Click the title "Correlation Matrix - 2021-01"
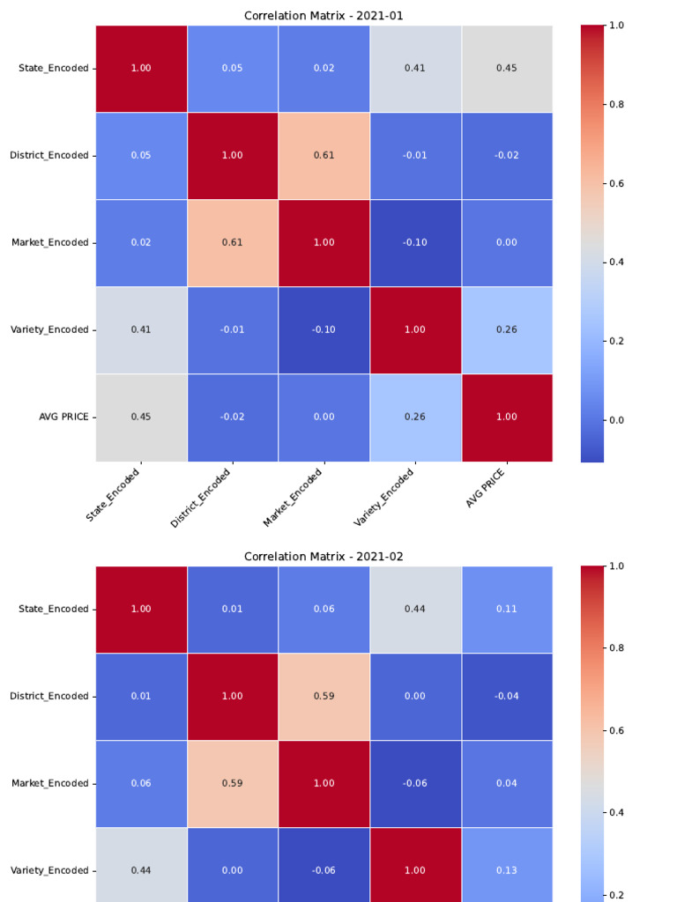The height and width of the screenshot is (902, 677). tap(324, 15)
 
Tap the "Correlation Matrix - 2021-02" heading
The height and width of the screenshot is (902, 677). tap(324, 556)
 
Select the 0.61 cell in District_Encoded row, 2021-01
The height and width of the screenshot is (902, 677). tap(324, 155)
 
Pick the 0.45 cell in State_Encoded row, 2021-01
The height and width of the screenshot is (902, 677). tap(506, 68)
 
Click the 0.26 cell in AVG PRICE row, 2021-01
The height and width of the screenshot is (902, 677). tap(414, 417)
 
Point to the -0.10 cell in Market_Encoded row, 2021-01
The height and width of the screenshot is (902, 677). tap(414, 242)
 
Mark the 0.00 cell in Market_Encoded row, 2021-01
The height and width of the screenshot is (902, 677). tap(506, 242)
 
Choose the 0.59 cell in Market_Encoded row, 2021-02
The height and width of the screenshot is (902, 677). tap(232, 783)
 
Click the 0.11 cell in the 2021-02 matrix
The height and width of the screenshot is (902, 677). tap(506, 609)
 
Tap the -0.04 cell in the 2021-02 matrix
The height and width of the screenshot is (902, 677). tap(506, 696)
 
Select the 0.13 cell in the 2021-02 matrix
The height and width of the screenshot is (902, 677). tap(506, 870)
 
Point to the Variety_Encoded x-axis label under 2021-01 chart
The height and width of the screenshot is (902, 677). tap(384, 497)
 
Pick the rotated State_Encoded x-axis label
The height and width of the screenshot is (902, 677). tap(113, 495)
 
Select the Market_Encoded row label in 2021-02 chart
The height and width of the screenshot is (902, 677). tap(49, 783)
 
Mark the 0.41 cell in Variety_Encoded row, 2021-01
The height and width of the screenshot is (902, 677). tap(141, 329)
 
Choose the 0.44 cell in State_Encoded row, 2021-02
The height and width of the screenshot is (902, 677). tap(414, 609)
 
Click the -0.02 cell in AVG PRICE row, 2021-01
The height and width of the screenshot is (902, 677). tap(232, 417)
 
